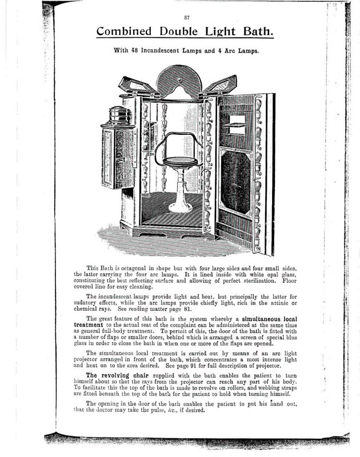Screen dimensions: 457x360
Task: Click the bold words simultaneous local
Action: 275,319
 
